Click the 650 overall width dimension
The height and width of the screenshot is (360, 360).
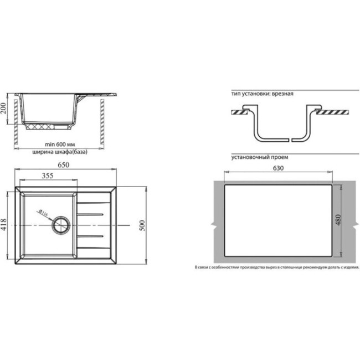click(66, 164)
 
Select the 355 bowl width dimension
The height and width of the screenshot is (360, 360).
click(47, 177)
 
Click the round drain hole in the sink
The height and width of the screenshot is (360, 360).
click(60, 225)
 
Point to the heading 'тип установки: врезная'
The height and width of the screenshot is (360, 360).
click(263, 94)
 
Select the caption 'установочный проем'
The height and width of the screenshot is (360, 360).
click(260, 157)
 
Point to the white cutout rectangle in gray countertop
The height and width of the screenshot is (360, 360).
click(277, 222)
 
